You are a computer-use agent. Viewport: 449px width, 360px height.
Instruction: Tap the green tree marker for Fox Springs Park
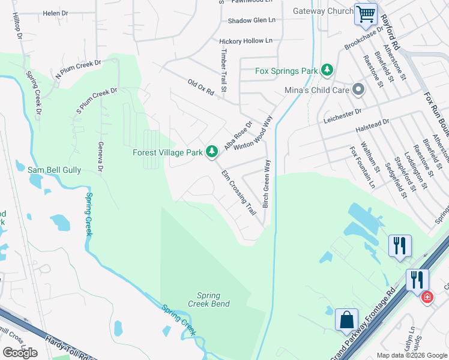327,71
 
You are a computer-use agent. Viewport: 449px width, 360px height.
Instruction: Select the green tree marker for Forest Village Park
211,152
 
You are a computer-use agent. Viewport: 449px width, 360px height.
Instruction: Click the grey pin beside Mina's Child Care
358,90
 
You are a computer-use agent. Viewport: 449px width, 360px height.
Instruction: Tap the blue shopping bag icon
347,320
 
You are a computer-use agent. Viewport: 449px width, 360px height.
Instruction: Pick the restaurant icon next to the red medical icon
416,280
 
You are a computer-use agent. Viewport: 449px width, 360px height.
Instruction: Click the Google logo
20,353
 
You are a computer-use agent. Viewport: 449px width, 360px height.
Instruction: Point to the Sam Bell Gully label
55,170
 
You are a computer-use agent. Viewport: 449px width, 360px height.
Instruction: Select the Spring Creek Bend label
208,300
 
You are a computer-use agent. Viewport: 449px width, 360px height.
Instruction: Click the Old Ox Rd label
200,88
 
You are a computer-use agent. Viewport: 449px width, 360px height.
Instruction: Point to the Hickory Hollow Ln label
246,41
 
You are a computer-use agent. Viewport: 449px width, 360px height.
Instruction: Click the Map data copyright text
411,355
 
